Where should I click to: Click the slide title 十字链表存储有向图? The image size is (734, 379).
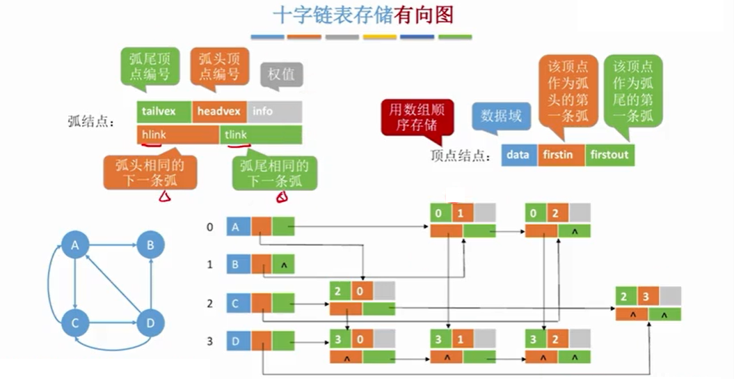coord(366,15)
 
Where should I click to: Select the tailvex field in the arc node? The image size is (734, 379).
coord(163,111)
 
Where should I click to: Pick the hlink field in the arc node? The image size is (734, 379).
coord(177,134)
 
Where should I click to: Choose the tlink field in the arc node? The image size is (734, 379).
coord(261,134)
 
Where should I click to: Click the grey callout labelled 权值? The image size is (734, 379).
coord(282,75)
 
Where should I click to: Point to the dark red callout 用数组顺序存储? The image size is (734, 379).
coord(417,116)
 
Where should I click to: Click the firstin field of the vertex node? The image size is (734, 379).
coord(560,155)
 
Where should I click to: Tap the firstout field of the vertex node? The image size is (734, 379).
coord(609,155)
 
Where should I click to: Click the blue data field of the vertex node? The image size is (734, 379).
coord(518,155)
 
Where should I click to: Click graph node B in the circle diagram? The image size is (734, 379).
coord(150,245)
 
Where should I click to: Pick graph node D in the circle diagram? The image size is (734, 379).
coord(150,322)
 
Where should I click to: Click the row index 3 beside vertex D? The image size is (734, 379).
coord(210,342)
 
